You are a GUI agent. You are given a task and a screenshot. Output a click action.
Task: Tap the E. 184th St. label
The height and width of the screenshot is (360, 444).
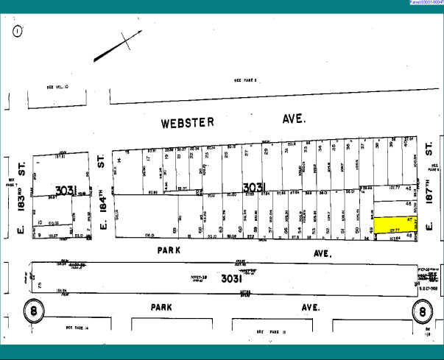[102, 195]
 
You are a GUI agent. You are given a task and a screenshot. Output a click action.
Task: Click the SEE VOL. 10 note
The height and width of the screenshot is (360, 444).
[55, 87]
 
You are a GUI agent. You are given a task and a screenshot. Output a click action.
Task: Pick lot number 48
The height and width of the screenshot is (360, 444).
[409, 236]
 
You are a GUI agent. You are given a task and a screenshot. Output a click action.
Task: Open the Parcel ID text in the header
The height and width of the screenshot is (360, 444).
[421, 3]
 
